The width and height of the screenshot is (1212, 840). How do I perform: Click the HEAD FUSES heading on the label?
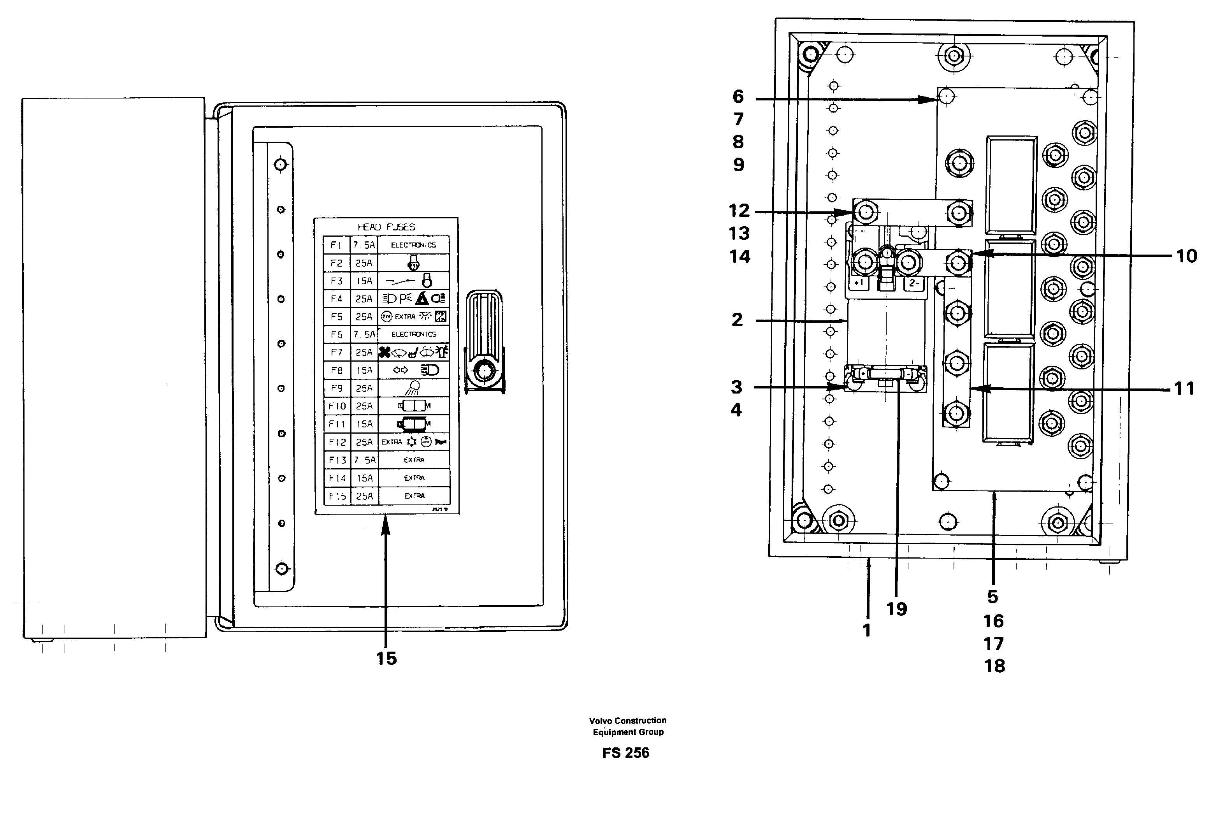[x=386, y=227]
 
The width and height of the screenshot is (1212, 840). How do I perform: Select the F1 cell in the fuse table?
[x=336, y=245]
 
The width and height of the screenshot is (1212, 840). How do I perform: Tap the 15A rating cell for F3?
[x=364, y=281]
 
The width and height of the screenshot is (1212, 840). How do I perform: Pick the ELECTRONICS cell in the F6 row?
[x=414, y=334]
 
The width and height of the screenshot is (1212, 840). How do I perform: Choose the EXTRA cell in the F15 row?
[x=414, y=496]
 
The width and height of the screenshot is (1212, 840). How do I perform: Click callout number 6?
[x=738, y=97]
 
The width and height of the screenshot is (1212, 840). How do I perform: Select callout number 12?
[x=739, y=211]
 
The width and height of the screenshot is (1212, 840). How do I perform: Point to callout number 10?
[x=1186, y=256]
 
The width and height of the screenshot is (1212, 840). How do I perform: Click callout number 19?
[x=897, y=609]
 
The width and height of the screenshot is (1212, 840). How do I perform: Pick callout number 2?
[x=737, y=320]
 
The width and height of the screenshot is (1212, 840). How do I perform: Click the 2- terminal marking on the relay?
[x=914, y=283]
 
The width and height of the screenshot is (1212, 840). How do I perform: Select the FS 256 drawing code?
[x=626, y=753]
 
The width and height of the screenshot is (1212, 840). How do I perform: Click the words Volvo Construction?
[x=627, y=721]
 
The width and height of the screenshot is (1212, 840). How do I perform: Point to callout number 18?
[x=994, y=666]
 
